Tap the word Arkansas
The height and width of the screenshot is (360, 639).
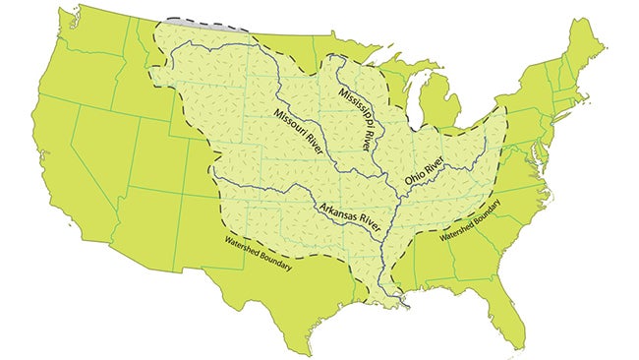point(333,211)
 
